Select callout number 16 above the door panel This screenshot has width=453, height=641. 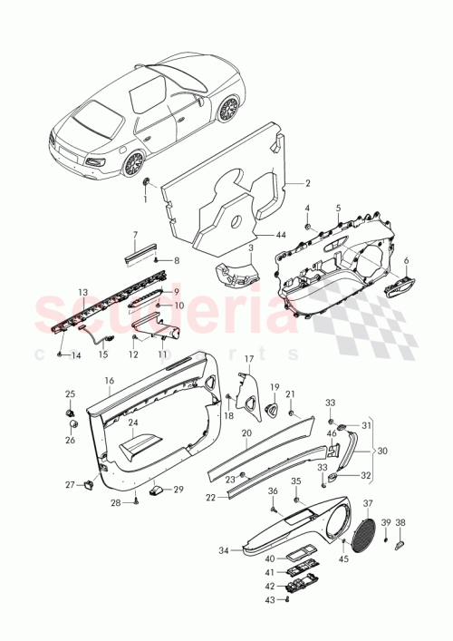tap(109, 381)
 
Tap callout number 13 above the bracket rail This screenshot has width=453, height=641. tap(82, 292)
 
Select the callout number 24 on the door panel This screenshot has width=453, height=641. tap(132, 422)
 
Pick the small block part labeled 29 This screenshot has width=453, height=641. tap(157, 490)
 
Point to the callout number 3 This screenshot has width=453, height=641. tap(250, 247)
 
